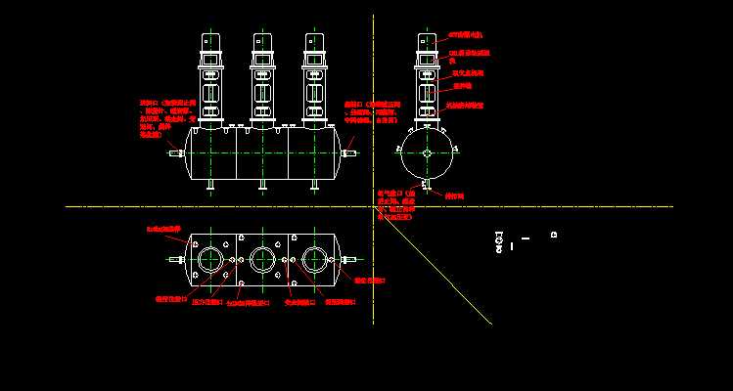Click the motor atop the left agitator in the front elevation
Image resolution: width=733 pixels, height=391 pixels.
point(211,41)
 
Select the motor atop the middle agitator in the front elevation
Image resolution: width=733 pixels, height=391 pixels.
point(262,41)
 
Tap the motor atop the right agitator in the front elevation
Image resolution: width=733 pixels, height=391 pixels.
point(314,41)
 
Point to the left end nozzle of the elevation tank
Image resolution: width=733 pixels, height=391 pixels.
point(176,153)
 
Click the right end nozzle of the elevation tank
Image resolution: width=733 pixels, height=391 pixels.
point(349,152)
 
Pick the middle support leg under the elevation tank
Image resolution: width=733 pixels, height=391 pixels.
point(261,185)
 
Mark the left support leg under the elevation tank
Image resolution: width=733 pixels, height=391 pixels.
point(209,185)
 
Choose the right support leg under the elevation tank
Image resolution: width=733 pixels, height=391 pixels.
point(314,185)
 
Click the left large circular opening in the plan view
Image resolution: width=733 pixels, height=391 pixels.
point(210,260)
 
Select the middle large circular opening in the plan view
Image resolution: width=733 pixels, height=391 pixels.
point(262,260)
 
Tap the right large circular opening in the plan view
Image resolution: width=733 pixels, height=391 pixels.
point(314,260)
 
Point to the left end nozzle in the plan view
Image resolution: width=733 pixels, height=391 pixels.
point(177,260)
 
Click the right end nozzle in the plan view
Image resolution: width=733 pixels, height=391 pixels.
point(348,260)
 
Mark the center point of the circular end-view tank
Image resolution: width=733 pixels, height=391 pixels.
point(427,152)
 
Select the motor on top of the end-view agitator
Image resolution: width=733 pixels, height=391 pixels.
point(427,41)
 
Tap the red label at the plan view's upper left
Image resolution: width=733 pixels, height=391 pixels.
point(163,228)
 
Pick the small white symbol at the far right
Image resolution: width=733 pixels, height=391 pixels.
point(554,235)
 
